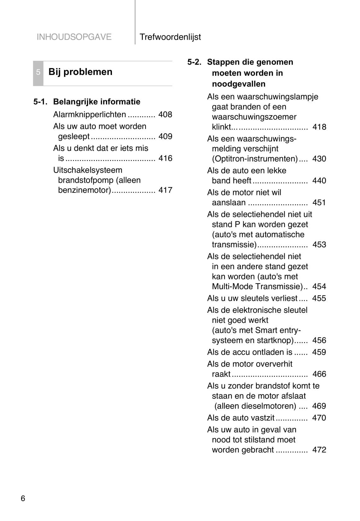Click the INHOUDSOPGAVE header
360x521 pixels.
pos(74,37)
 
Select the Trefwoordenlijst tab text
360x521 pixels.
pos(170,37)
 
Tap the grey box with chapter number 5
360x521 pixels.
pos(38,72)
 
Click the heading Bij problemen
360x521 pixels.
pos(80,72)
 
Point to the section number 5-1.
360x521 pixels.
pos(40,102)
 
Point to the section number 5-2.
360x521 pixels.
pos(194,62)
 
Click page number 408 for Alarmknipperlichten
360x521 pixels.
pos(165,114)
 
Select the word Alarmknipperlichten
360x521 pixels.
pos(90,114)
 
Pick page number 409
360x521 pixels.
pos(165,136)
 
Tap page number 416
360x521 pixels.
pos(165,158)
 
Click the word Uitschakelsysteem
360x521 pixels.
pos(88,170)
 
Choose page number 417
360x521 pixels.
pos(165,190)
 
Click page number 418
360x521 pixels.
pos(319,127)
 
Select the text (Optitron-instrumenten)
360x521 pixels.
pos(255,159)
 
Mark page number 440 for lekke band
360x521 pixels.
pos(319,180)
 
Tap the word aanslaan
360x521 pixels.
pos(229,203)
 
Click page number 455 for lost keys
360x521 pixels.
pos(319,298)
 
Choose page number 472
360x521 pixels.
pos(319,450)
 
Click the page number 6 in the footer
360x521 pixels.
pos(23,498)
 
